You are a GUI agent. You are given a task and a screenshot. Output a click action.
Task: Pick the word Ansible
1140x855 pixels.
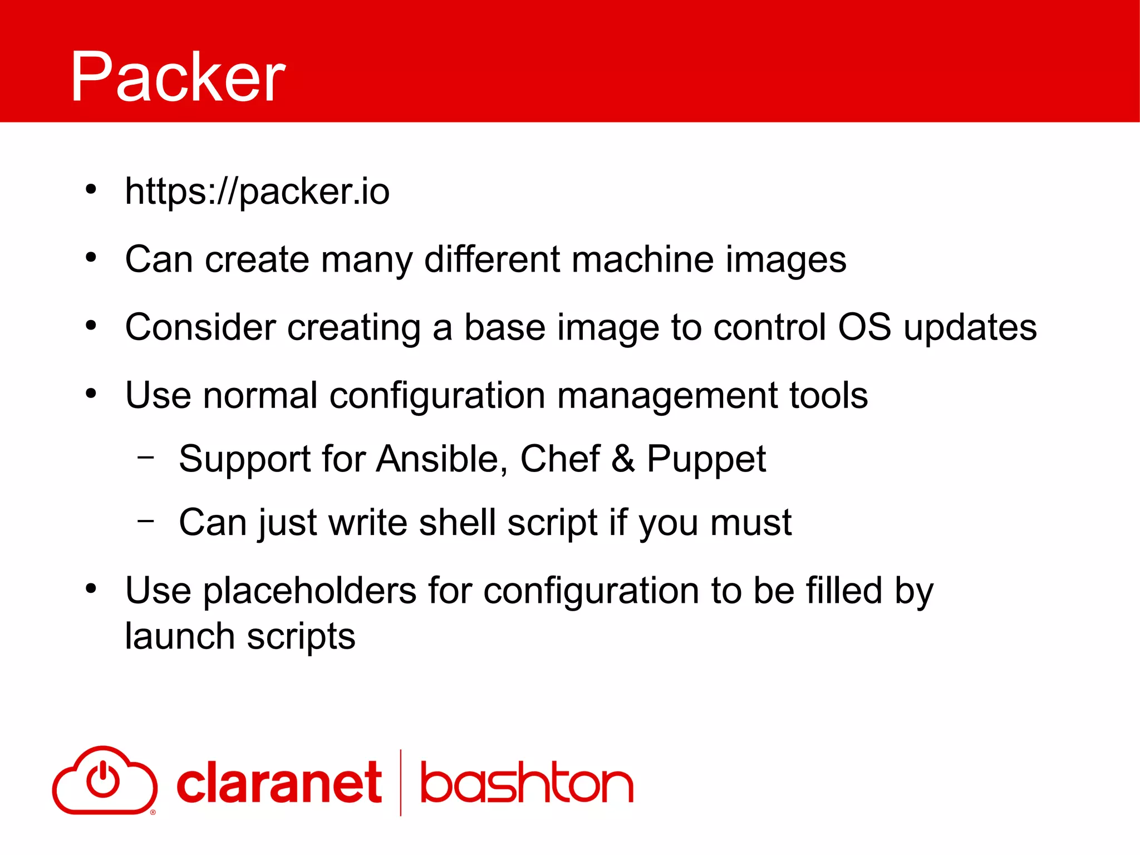[441, 459]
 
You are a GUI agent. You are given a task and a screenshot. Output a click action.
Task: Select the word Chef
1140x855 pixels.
[559, 459]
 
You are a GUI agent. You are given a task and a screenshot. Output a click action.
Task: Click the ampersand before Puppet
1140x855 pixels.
[623, 459]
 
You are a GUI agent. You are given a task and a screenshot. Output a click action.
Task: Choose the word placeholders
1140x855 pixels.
[309, 591]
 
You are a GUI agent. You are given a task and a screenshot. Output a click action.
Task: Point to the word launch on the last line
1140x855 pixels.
[179, 637]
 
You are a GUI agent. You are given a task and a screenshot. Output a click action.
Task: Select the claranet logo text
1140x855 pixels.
[279, 783]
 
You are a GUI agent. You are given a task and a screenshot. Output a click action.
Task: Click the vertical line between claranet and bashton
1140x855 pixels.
[401, 782]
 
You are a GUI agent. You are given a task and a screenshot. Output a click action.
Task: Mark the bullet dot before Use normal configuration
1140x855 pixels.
[91, 394]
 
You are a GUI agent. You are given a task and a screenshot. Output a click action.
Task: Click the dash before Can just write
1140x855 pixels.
[146, 521]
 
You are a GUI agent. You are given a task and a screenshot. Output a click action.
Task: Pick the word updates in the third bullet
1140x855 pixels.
[970, 328]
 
